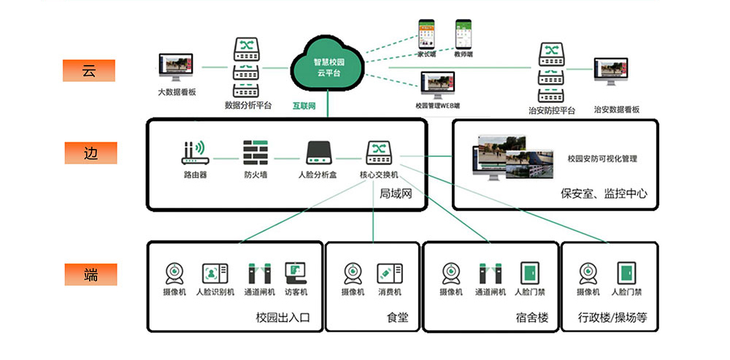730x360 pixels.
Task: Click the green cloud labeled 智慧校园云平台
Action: [x=328, y=63]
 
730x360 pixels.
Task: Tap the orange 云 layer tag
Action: [x=88, y=71]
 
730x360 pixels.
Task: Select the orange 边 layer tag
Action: [x=88, y=153]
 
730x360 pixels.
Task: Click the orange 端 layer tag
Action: [x=88, y=275]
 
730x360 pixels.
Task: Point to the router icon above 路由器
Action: [x=195, y=152]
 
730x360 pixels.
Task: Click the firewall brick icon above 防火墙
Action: [x=255, y=152]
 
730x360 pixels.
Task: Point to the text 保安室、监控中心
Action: [x=604, y=194]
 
